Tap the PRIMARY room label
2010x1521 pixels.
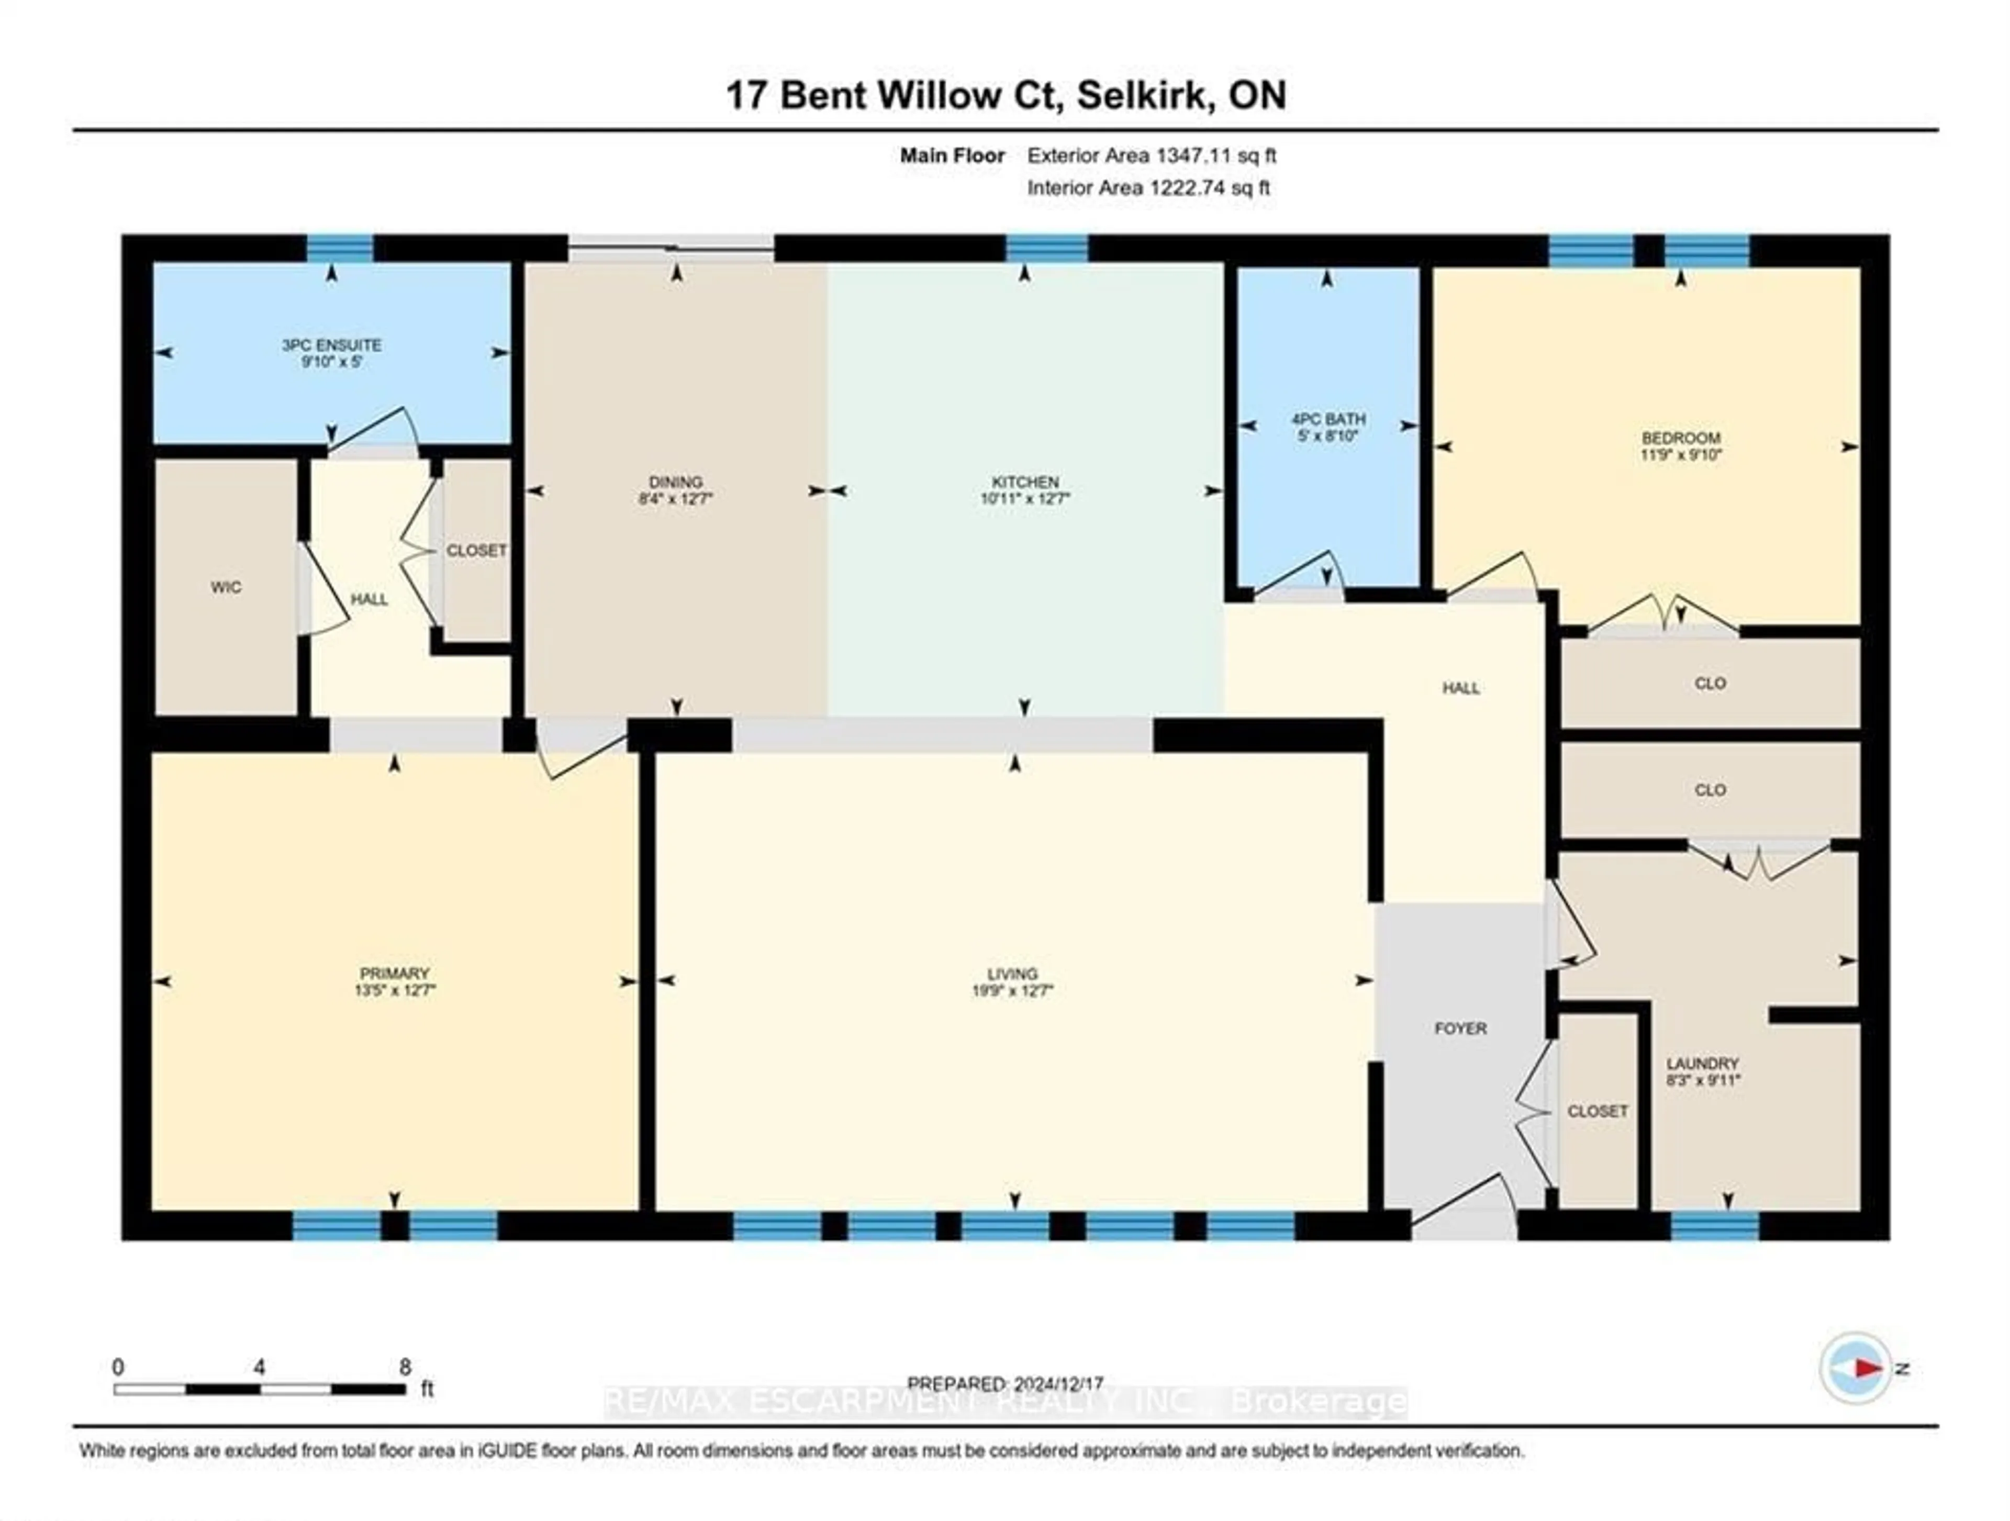(x=394, y=973)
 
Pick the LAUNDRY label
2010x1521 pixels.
(x=1702, y=1063)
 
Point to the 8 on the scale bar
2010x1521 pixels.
(x=405, y=1367)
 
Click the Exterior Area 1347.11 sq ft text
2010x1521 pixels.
(x=1151, y=155)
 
